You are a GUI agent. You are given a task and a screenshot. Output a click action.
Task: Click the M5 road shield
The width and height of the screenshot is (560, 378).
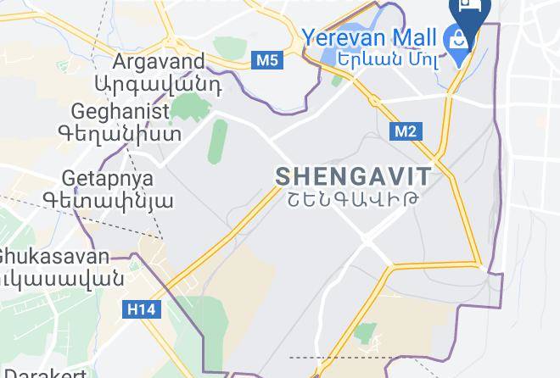[266, 60]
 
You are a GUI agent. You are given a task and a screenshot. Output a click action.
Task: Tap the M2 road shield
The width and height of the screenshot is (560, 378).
[406, 131]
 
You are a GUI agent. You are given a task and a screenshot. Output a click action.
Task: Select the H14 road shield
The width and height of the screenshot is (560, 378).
[141, 310]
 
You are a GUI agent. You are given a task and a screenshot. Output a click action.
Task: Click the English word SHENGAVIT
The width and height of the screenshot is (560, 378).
[353, 177]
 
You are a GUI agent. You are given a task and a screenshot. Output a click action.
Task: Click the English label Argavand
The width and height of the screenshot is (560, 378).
[159, 62]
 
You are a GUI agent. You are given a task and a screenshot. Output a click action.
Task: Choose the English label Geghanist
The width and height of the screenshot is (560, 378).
[120, 111]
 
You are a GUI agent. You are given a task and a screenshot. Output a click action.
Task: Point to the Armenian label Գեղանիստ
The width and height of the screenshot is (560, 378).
[120, 133]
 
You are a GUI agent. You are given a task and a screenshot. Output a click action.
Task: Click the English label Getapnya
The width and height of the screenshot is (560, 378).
[107, 179]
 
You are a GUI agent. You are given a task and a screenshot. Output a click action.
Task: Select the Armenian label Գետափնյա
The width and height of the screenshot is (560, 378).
[108, 201]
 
